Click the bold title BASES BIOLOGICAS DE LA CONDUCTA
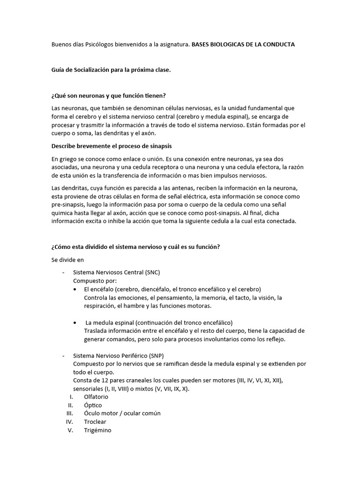[243, 45]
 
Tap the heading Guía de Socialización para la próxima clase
[111, 70]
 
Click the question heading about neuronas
[108, 96]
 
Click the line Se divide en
[67, 259]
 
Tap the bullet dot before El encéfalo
[76, 289]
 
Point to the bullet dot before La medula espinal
[76, 322]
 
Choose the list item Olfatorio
[96, 397]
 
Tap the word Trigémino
[97, 430]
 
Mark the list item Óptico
[93, 405]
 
